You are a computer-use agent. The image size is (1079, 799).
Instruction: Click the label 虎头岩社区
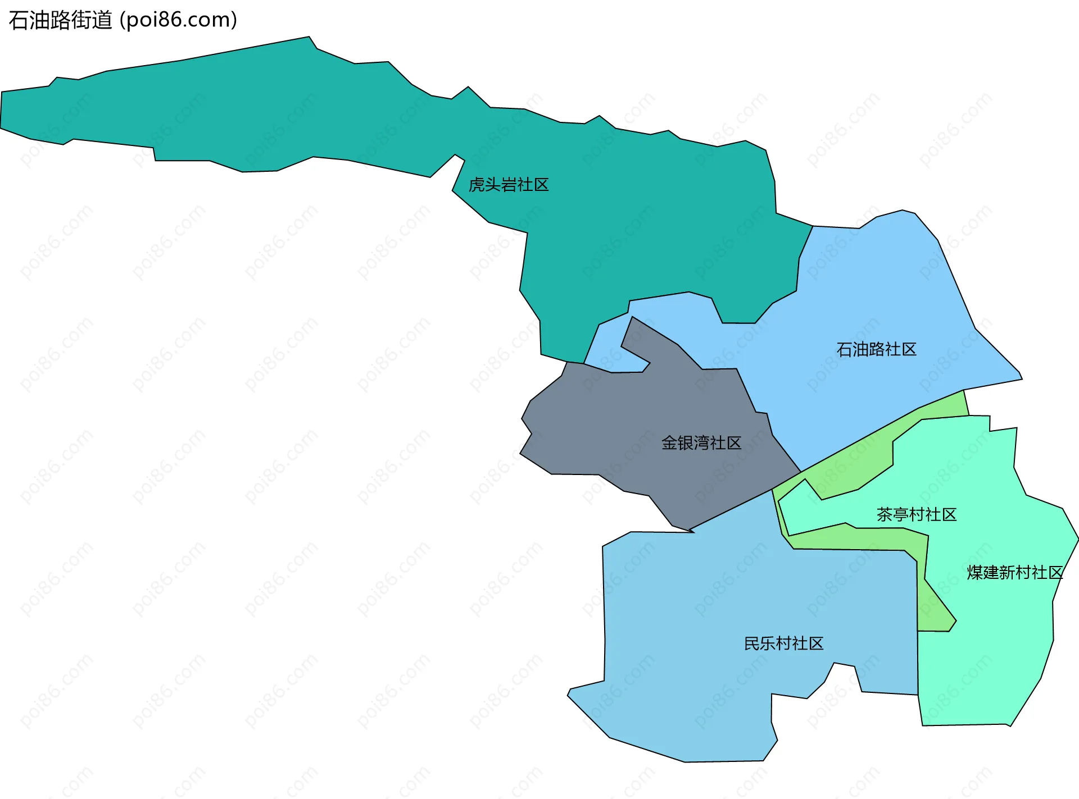coord(508,185)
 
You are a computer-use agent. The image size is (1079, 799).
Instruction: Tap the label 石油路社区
coord(876,349)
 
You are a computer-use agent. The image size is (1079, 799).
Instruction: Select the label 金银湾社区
coord(701,443)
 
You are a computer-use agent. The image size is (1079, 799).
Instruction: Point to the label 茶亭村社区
coord(916,514)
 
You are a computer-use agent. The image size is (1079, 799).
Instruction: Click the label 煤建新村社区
coord(1014,572)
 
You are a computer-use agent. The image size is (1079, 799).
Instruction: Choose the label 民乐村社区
coord(783,643)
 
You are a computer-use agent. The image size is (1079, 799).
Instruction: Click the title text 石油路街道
coord(61,20)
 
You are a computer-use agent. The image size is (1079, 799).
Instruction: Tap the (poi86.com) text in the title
coord(179,20)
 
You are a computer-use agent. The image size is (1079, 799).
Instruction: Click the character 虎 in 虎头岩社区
coord(476,185)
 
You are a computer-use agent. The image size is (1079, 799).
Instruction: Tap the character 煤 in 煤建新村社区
coord(974,572)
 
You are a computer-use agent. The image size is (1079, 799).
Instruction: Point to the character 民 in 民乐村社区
coord(751,643)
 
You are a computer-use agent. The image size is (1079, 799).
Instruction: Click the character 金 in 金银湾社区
coord(669,443)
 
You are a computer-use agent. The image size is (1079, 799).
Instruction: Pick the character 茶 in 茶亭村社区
coord(884,514)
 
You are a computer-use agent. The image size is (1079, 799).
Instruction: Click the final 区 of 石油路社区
coord(909,349)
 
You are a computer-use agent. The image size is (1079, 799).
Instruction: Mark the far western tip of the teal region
coord(2,112)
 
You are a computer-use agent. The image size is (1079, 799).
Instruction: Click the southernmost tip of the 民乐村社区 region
coord(686,761)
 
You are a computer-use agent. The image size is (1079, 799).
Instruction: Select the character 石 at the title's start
coord(18,20)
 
